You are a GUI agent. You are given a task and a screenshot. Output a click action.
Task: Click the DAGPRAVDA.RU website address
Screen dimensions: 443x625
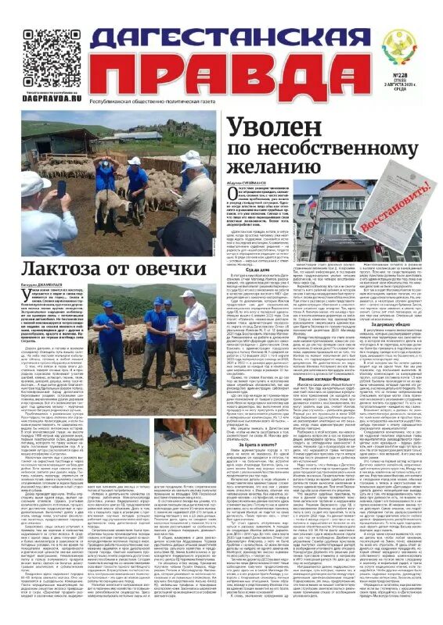click(x=52, y=100)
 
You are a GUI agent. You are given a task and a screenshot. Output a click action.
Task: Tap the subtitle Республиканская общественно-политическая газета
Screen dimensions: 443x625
click(x=160, y=101)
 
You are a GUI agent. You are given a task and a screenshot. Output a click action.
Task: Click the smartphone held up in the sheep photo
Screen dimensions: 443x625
click(x=62, y=188)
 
